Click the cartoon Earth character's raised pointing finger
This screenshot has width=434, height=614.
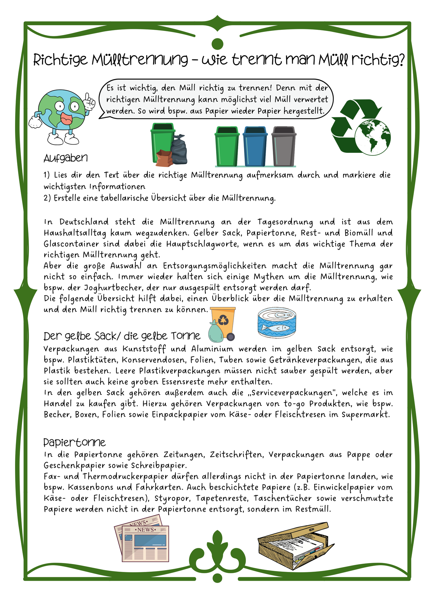89,98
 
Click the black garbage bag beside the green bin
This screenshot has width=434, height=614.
180,149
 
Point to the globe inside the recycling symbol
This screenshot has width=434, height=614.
373,137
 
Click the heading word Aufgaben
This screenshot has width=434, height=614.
66,158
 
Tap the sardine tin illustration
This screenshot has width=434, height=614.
277,323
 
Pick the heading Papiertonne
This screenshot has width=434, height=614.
75,442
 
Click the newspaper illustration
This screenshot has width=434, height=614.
142,542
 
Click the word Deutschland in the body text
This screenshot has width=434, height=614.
84,222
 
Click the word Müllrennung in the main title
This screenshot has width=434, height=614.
140,60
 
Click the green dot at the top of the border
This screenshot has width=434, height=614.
217,44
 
